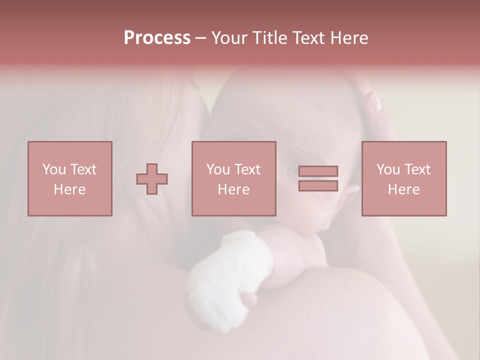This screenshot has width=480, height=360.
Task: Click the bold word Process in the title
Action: [x=157, y=38]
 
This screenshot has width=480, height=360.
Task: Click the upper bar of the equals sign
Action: [x=318, y=171]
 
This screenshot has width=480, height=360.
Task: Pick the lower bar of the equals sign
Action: [x=318, y=185]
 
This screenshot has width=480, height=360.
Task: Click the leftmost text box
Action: [x=70, y=178]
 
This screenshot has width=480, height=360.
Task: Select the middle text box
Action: [x=233, y=178]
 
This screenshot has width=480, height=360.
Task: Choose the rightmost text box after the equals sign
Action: [x=403, y=178]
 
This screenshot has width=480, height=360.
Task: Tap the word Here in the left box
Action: [x=70, y=189]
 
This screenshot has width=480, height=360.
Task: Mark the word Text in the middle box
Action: [x=247, y=169]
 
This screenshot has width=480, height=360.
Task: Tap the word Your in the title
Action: [x=228, y=38]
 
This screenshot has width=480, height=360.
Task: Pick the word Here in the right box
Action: [x=403, y=189]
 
